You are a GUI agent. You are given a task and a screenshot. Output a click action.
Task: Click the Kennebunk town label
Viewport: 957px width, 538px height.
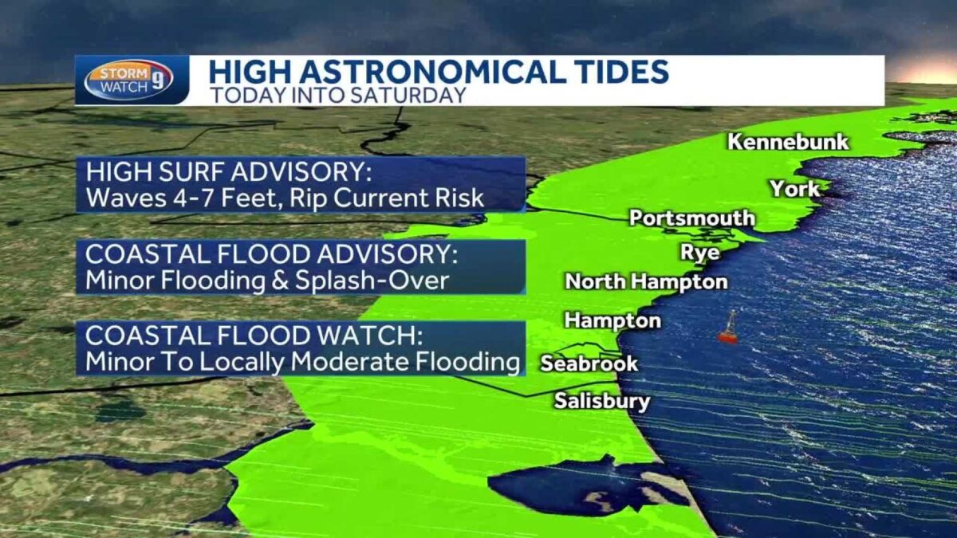coord(788,143)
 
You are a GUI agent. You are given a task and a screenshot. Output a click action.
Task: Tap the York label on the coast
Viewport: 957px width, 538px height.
coord(794,189)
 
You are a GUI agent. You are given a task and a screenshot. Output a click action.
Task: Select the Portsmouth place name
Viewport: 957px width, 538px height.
coord(691,218)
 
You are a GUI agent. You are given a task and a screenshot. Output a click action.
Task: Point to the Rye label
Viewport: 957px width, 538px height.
coord(699,253)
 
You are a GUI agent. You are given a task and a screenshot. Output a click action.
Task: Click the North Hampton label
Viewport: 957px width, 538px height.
coord(646,281)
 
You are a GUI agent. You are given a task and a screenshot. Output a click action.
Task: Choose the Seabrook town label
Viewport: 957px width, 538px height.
coord(589,363)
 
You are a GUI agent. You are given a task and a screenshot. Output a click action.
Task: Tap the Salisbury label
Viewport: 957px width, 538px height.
coord(602,401)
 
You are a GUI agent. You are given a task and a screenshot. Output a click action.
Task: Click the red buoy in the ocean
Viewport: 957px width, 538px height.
coord(727,329)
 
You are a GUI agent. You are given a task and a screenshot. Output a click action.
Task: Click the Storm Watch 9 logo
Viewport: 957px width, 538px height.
coord(128,80)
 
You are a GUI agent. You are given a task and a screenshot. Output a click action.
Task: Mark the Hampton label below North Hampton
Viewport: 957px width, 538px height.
coord(612,320)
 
